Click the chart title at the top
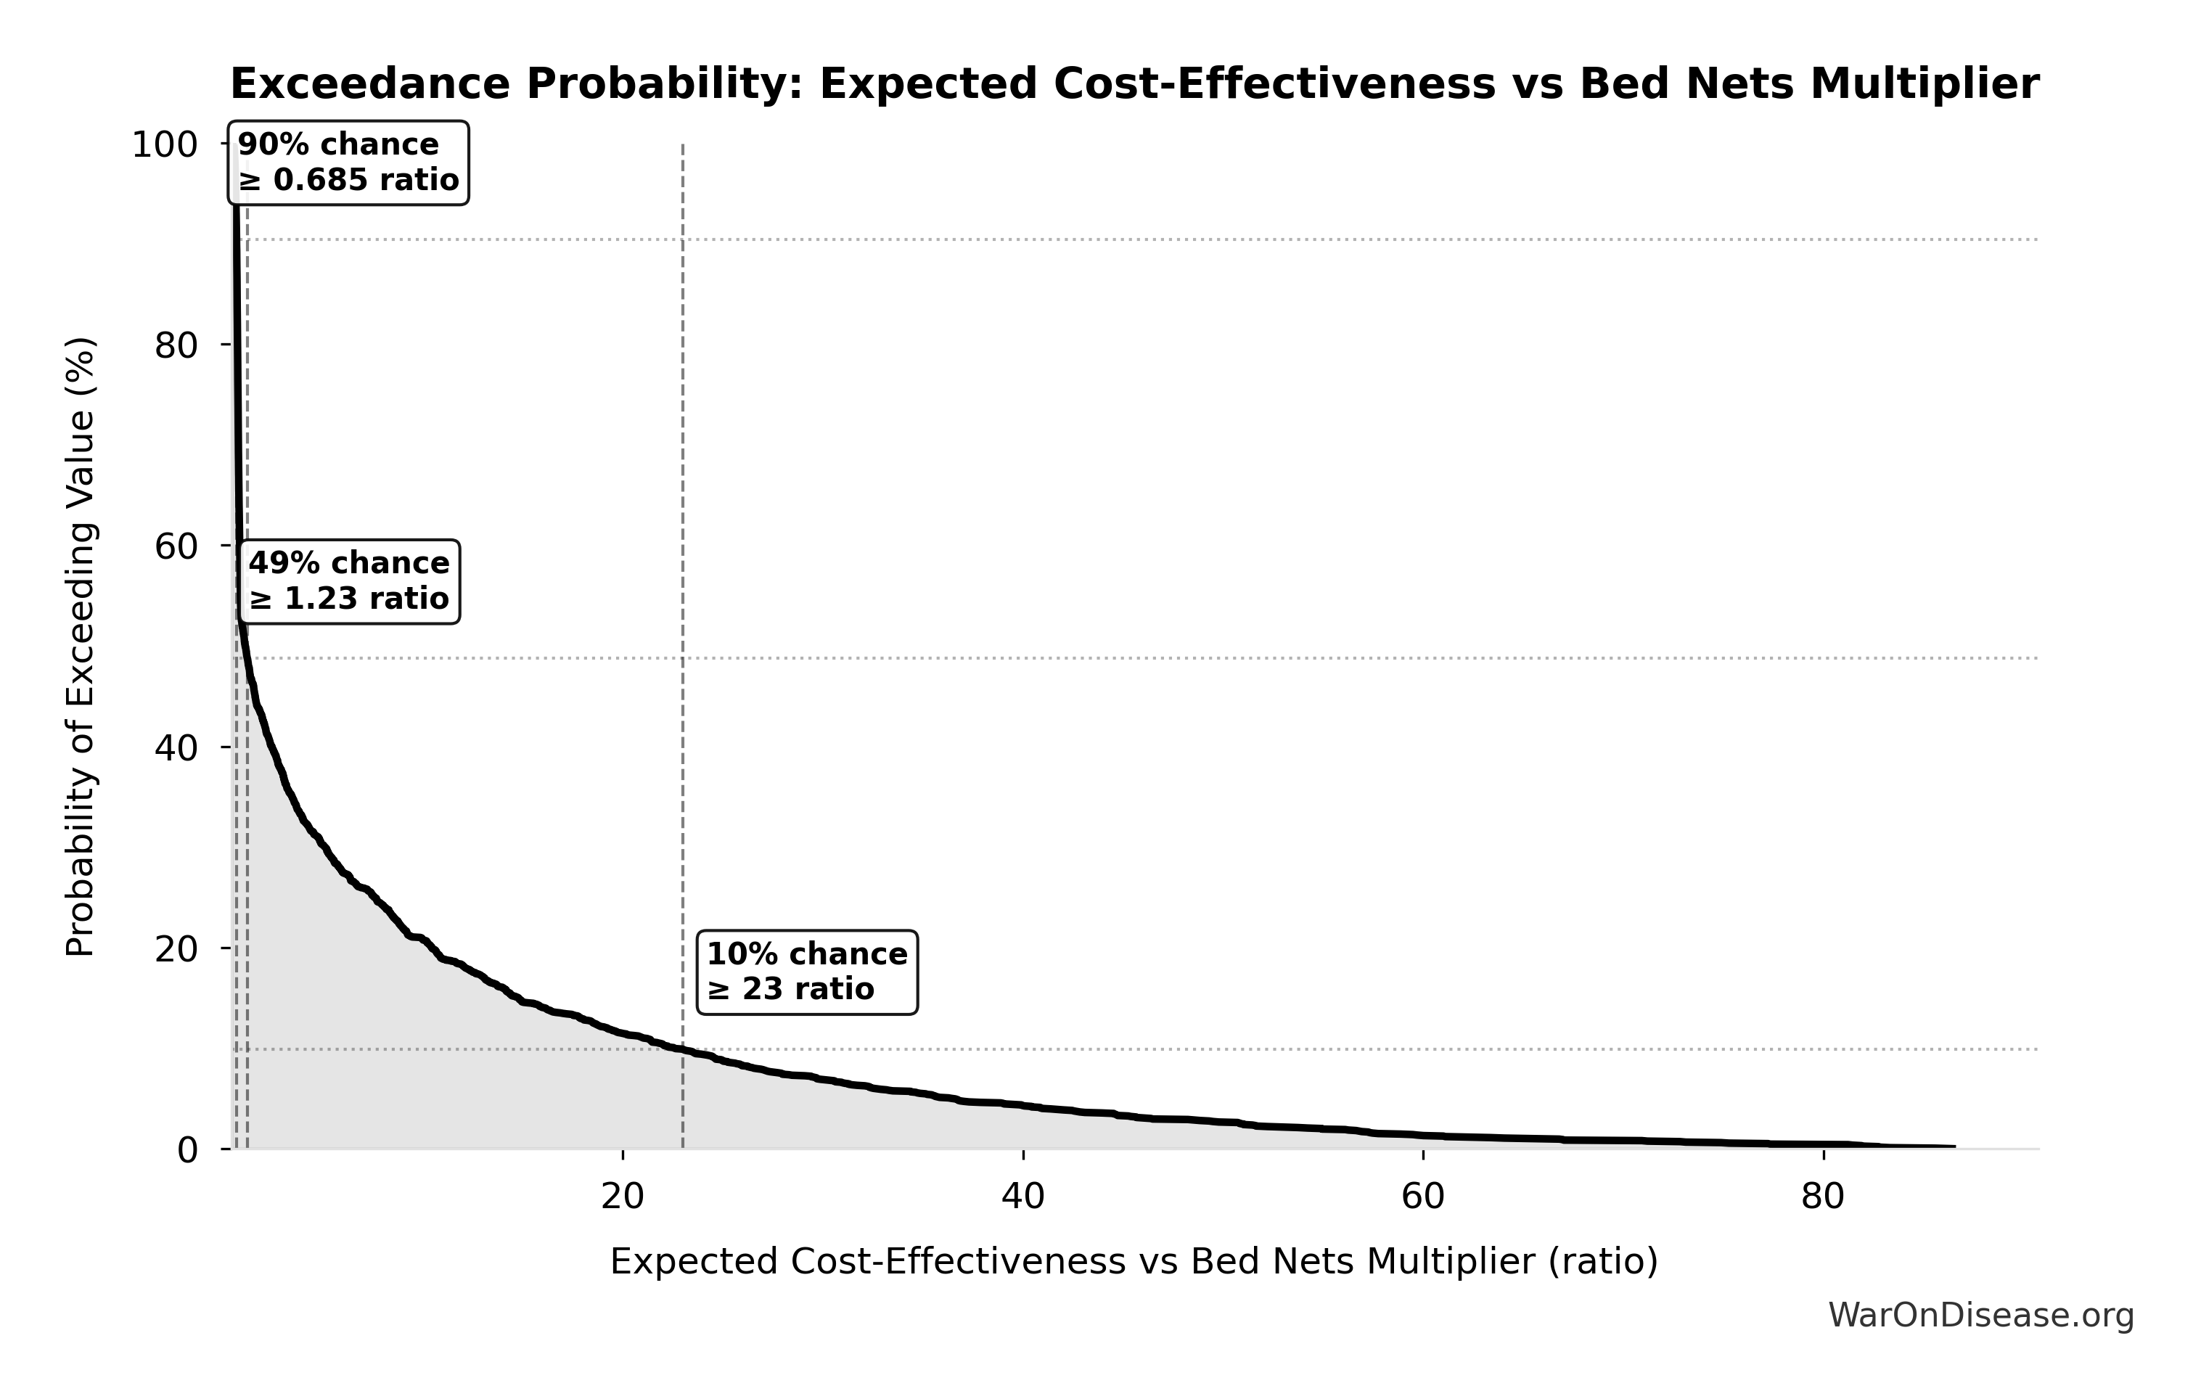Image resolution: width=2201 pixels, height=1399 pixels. pyautogui.click(x=1134, y=85)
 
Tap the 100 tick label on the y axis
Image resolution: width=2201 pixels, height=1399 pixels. pyautogui.click(x=165, y=145)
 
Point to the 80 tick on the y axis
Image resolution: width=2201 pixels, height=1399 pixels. pyautogui.click(x=176, y=345)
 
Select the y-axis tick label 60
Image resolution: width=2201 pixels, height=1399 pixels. pyautogui.click(x=176, y=546)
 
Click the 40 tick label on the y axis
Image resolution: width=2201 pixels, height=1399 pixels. pyautogui.click(x=176, y=747)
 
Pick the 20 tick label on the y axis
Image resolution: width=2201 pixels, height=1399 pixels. pyautogui.click(x=176, y=949)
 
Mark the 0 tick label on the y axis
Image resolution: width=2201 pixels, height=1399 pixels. pyautogui.click(x=187, y=1150)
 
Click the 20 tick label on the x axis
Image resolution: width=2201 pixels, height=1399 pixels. pyautogui.click(x=623, y=1197)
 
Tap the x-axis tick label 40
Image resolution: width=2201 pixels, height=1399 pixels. pyautogui.click(x=1022, y=1197)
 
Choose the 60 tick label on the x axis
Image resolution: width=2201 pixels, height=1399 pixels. pyautogui.click(x=1423, y=1197)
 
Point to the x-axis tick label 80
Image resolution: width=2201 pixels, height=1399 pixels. pyautogui.click(x=1824, y=1197)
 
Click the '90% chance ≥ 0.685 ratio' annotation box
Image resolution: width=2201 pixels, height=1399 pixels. pyautogui.click(x=348, y=163)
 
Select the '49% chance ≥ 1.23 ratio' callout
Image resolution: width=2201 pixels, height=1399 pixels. pyautogui.click(x=349, y=581)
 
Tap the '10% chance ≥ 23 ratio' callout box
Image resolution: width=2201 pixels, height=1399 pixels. pyautogui.click(x=807, y=972)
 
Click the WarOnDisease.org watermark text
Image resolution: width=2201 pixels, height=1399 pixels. pyautogui.click(x=1980, y=1316)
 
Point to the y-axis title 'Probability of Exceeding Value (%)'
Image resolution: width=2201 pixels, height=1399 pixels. pyautogui.click(x=81, y=647)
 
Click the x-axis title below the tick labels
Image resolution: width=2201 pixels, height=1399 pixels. pyautogui.click(x=1134, y=1262)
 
